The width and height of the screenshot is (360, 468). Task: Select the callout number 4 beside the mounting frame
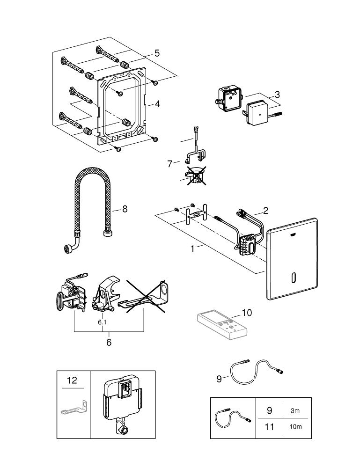point(158,104)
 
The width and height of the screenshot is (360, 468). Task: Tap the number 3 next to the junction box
point(278,94)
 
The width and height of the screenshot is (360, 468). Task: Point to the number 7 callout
point(170,164)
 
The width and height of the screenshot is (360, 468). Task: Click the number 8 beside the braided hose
point(125,209)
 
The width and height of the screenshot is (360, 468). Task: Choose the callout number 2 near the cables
point(265,211)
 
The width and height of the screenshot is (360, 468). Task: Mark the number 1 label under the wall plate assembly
point(192,249)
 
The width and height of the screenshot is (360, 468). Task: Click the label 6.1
point(102,322)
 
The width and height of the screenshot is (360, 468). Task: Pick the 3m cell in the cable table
point(295,410)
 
